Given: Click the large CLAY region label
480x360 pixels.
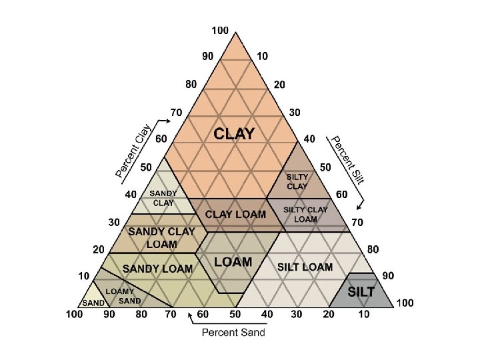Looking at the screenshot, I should click(x=234, y=134).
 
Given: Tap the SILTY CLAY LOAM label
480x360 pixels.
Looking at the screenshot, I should click(x=306, y=214).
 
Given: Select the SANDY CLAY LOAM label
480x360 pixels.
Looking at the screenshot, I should click(x=161, y=237).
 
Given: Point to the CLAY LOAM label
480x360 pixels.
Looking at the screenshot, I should click(x=235, y=214).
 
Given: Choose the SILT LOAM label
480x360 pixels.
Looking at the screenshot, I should click(x=304, y=267).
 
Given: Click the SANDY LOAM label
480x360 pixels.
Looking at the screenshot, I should click(x=157, y=269).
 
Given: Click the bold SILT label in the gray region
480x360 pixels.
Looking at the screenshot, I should click(x=361, y=291).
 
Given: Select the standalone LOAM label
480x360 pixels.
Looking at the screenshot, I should click(x=233, y=262).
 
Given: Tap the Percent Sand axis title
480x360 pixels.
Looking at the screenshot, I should click(x=234, y=332).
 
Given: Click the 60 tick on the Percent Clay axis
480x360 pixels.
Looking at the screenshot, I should click(x=161, y=139).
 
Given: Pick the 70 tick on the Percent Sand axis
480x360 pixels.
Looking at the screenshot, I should click(x=170, y=314).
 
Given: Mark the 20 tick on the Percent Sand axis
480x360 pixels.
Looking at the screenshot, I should click(x=328, y=314).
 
